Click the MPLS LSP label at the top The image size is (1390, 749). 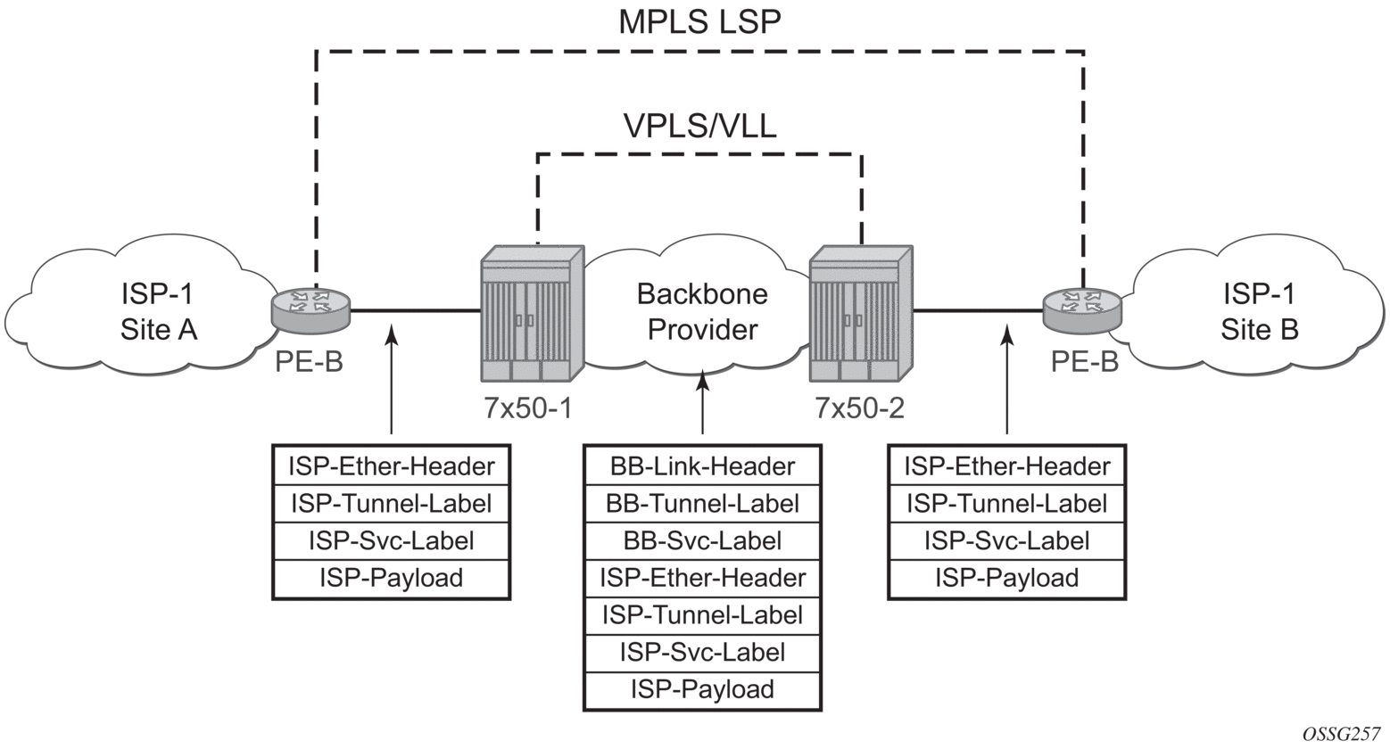point(699,21)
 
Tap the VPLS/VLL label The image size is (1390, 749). point(699,126)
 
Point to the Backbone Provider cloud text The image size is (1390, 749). point(702,312)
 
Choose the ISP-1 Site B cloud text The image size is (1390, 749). point(1259,312)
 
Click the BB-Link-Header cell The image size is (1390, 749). point(702,465)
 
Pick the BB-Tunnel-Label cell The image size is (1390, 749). point(702,503)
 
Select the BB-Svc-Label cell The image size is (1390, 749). point(702,540)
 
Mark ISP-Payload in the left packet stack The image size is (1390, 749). point(391,578)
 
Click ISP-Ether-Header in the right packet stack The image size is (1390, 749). point(1007,465)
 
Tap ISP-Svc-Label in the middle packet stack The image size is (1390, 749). point(702,652)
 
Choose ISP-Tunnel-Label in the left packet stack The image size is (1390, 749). point(391,503)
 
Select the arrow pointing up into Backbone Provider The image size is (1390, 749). point(703,401)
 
